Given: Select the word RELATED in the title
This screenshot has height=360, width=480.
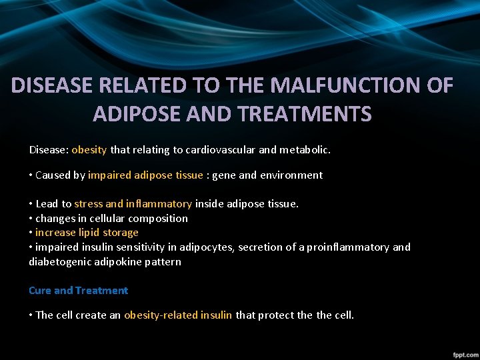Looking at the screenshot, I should [151, 86].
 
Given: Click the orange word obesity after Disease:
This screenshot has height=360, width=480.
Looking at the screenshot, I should [89, 150].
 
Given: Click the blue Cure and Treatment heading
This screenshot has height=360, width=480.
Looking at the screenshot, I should [78, 291].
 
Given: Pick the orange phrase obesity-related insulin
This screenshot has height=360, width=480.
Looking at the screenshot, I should [178, 315].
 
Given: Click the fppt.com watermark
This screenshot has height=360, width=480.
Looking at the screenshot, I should [463, 353].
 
